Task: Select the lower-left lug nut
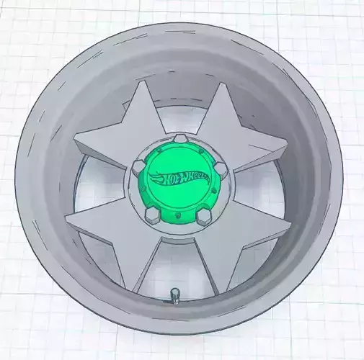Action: [150, 213]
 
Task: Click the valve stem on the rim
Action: [174, 295]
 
